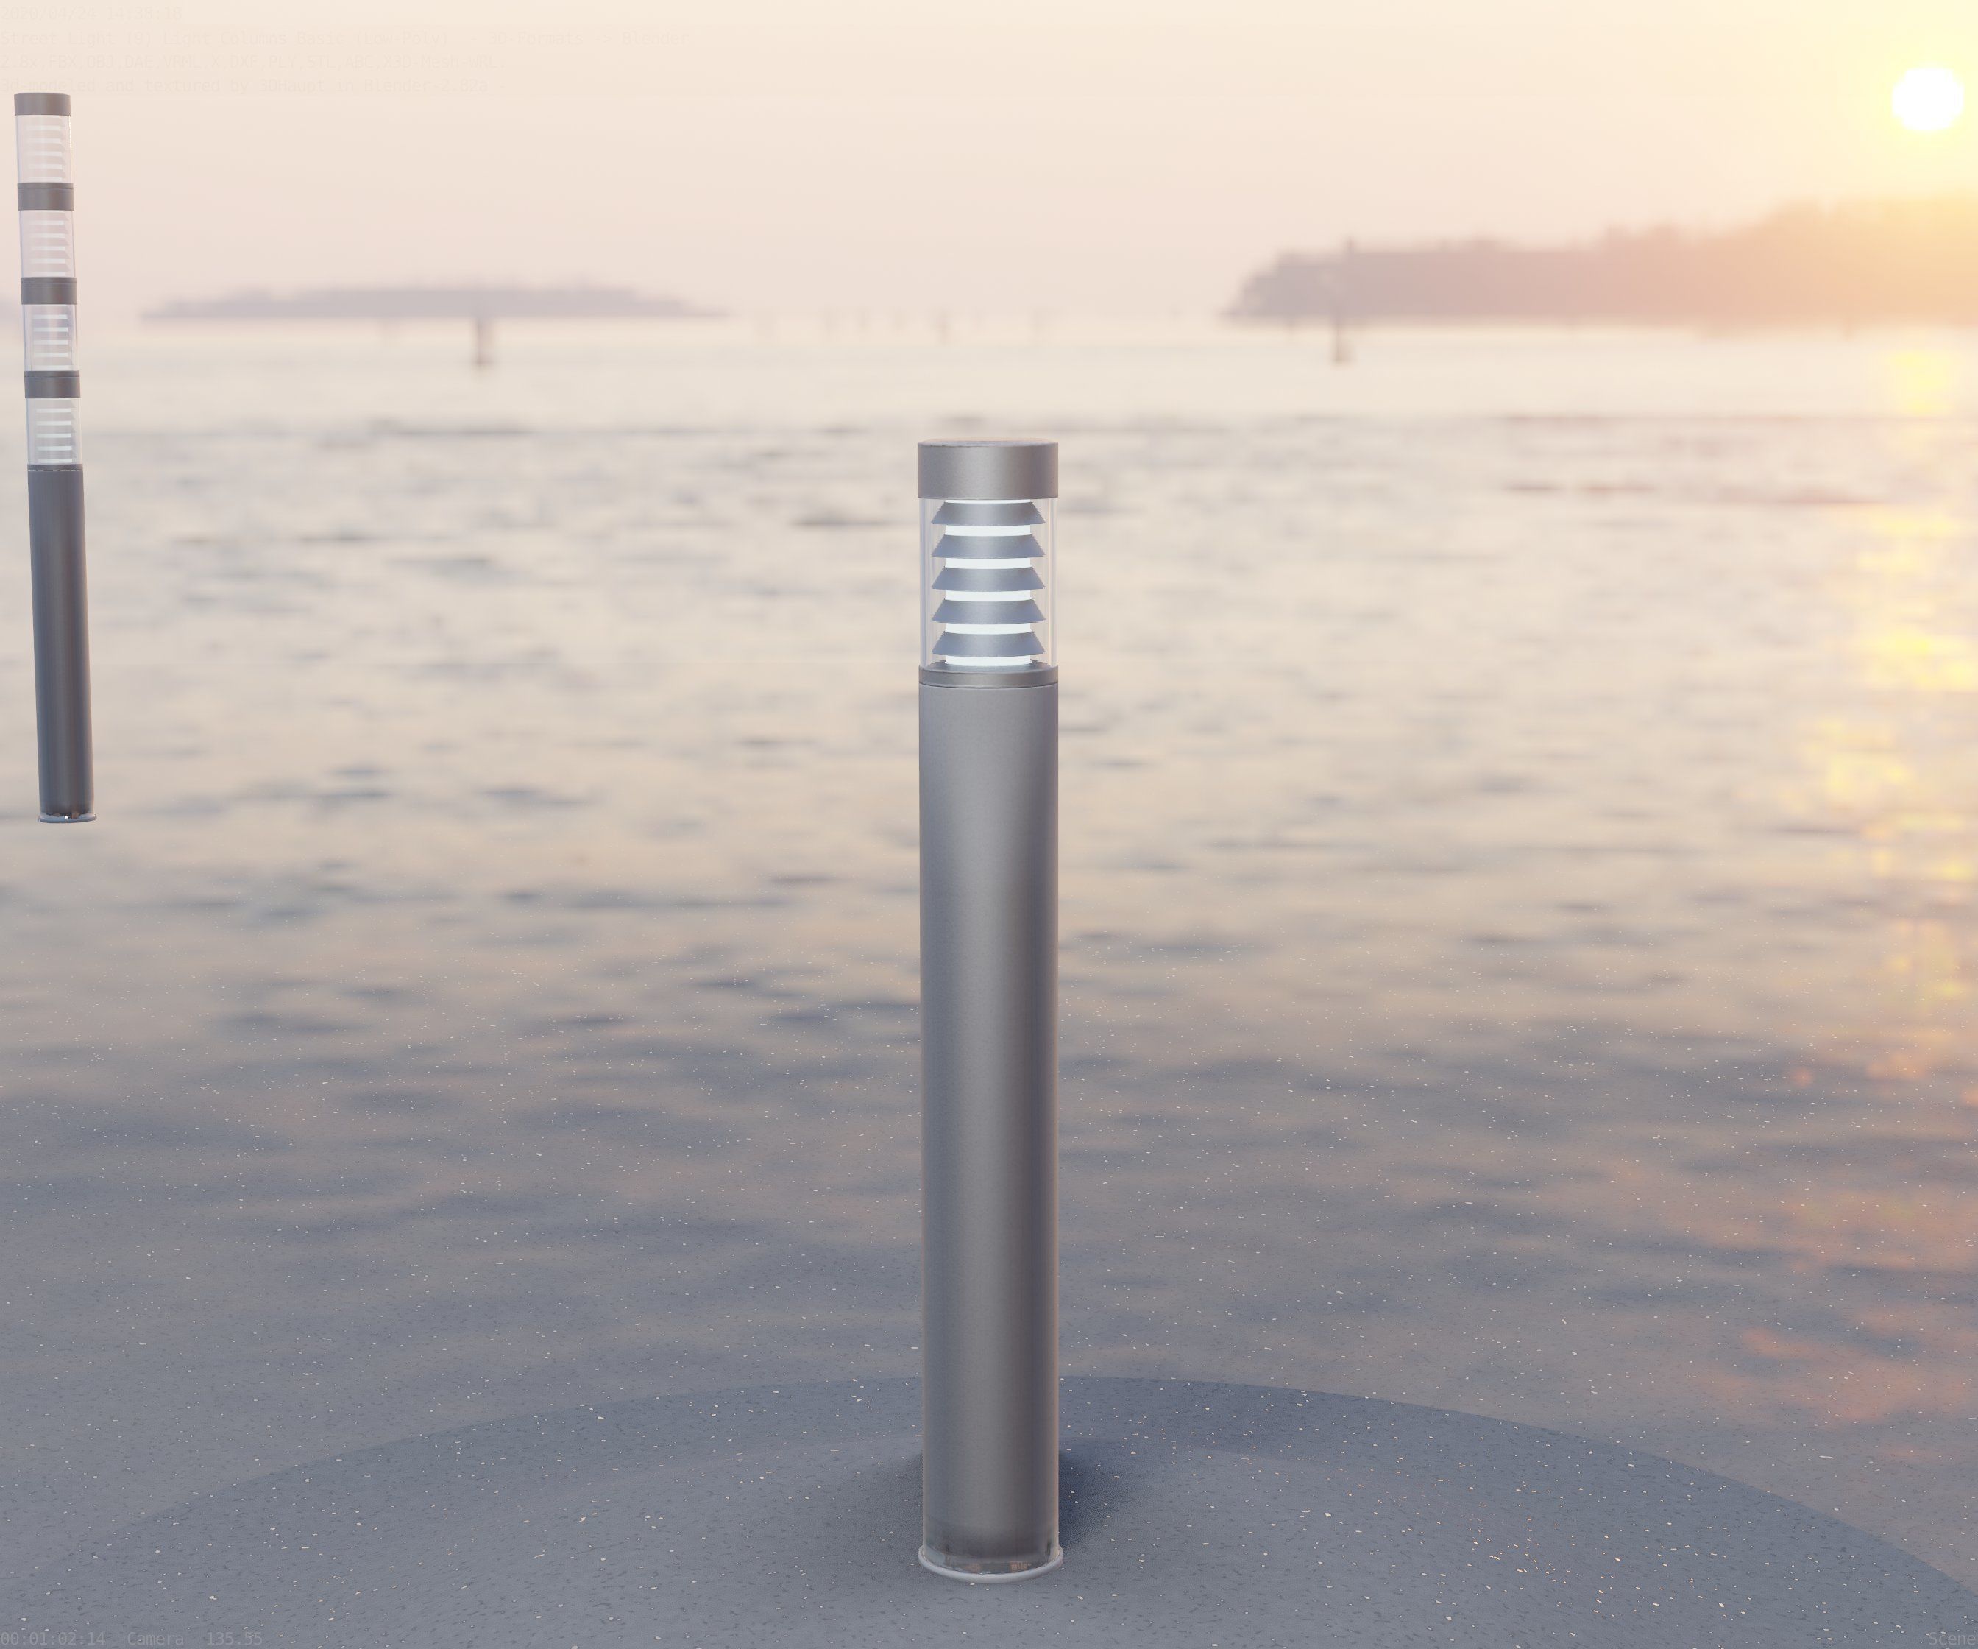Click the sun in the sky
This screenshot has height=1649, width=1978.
1927,99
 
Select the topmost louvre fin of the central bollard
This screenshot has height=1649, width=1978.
987,515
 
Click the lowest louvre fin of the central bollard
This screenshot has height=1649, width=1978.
987,643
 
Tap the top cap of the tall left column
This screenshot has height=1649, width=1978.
43,105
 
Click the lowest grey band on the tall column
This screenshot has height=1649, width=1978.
52,384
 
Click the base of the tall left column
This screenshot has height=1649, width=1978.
66,815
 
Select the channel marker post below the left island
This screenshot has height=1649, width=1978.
481,340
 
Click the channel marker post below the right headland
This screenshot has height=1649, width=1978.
1339,340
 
